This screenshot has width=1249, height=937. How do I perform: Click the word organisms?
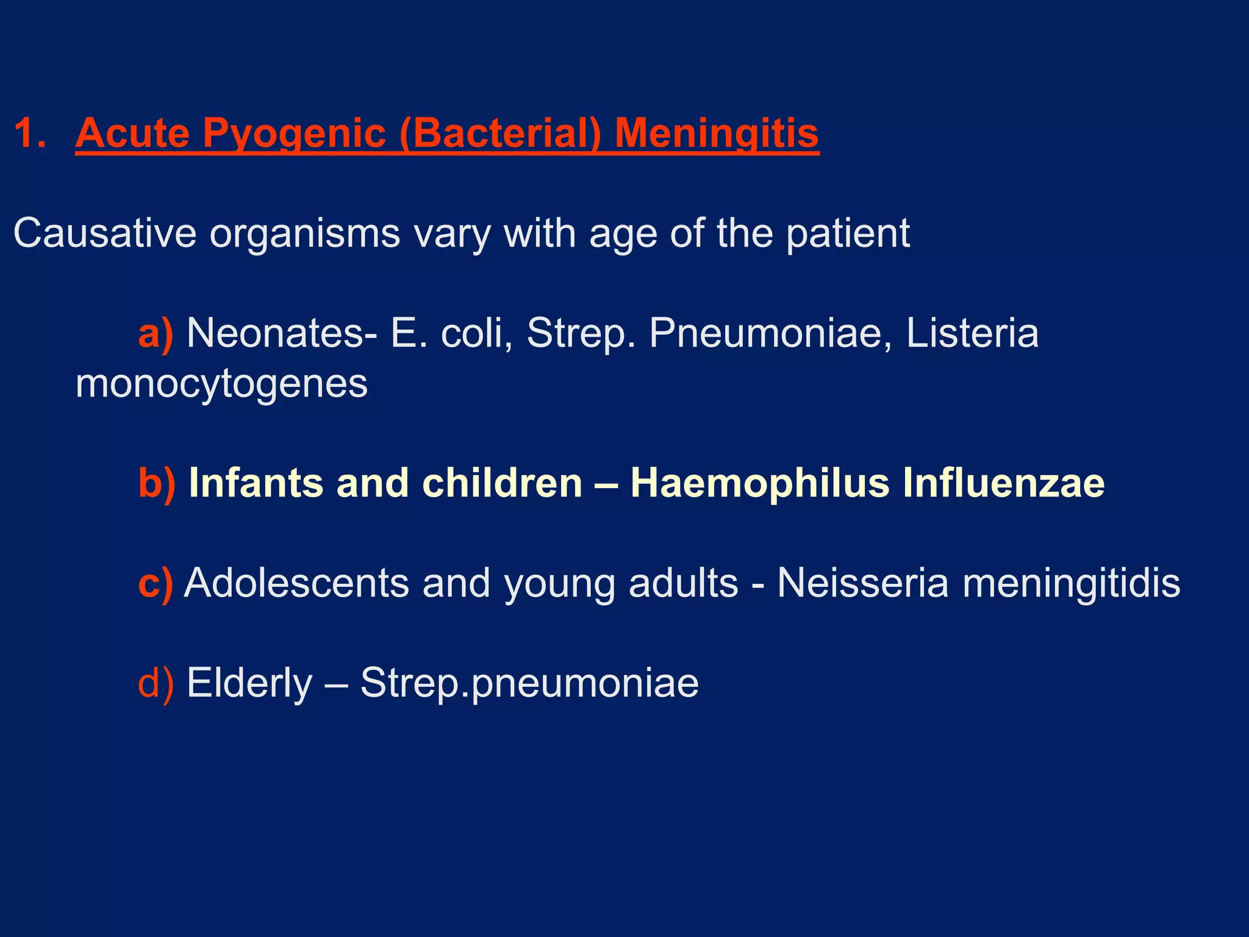coord(305,233)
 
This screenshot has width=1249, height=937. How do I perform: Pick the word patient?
coord(848,233)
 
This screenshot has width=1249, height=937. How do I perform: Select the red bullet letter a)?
coord(156,334)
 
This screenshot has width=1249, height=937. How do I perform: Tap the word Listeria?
coord(972,334)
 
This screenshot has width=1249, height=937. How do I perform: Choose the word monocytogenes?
coord(221,384)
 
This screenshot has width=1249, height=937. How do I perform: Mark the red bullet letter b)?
coord(157,483)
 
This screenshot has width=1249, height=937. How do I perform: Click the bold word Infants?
coord(256,483)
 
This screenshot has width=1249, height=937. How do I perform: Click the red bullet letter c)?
coord(156,583)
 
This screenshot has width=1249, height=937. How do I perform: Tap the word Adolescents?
coord(296,583)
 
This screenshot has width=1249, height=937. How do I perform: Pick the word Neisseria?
coord(862,583)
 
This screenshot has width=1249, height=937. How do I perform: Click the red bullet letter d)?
coord(156,683)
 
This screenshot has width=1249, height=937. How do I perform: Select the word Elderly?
coord(249,683)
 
